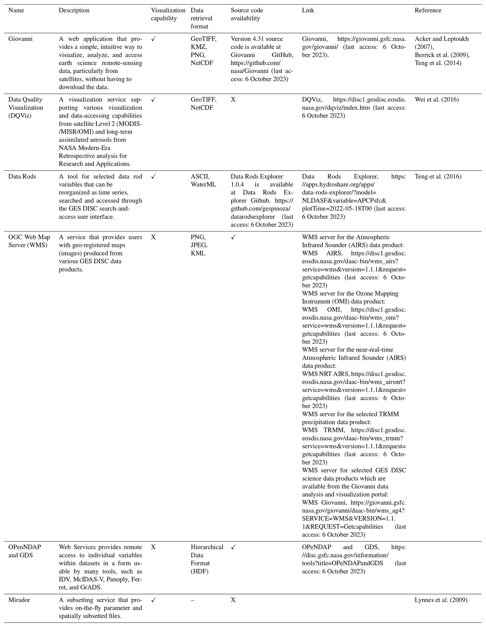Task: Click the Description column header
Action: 74,10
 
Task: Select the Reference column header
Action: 428,10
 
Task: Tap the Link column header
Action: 308,10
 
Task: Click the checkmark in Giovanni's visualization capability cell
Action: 154,39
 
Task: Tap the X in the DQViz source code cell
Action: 233,100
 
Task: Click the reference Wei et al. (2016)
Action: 437,100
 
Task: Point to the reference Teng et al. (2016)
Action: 438,176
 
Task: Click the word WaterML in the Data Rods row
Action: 203,184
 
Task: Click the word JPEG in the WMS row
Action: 199,245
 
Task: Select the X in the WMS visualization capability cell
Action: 153,237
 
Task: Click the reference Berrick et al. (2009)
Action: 442,55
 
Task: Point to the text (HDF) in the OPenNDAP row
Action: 200,571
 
